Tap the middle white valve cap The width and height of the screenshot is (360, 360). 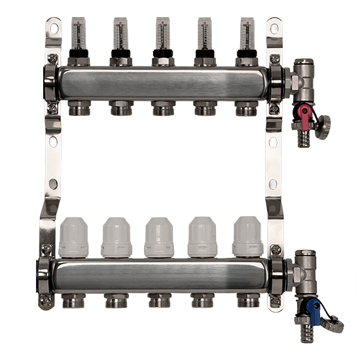coord(160,238)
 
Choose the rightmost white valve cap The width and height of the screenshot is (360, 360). coord(247,238)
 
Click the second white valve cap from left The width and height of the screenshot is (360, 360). coord(117,238)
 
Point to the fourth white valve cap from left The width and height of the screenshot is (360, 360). coord(203,238)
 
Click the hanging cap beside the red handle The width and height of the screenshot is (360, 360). coord(322,120)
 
